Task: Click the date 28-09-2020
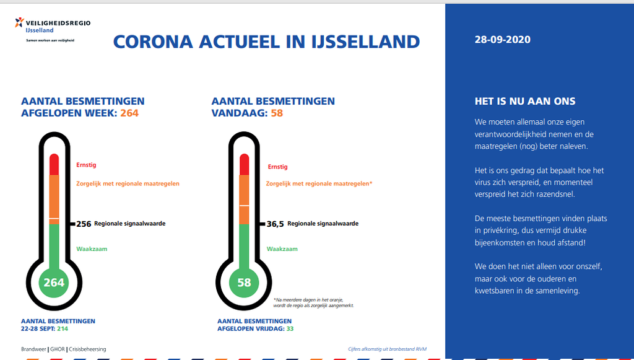point(502,40)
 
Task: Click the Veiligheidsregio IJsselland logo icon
point(19,23)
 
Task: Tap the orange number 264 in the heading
point(129,113)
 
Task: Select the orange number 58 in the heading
point(277,113)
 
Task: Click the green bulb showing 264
point(54,283)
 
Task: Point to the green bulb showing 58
point(244,283)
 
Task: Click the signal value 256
point(84,224)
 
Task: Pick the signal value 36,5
point(276,224)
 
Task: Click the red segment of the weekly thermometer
point(54,164)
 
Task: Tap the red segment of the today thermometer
point(244,164)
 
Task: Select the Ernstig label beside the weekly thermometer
point(86,165)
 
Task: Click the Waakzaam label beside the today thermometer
point(282,249)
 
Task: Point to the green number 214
point(63,329)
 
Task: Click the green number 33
point(290,329)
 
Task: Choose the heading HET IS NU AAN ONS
point(525,102)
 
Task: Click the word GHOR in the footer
point(58,349)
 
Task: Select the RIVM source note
point(388,349)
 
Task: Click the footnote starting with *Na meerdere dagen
point(313,302)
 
